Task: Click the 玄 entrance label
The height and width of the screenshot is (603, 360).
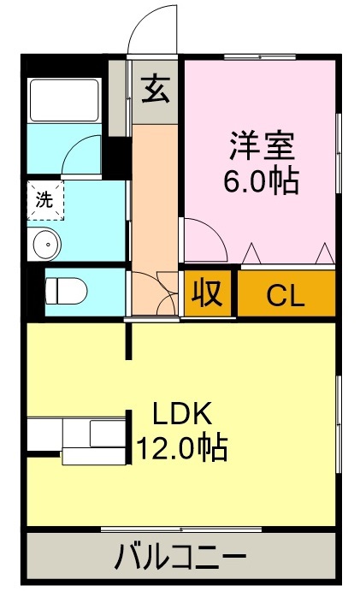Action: (x=155, y=89)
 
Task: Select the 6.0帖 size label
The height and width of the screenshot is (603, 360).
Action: (x=261, y=181)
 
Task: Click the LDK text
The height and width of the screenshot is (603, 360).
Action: (x=181, y=414)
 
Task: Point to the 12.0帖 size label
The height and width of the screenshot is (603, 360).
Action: (x=181, y=446)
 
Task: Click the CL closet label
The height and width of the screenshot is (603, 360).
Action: (x=285, y=295)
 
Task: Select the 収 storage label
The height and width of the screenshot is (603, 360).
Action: (x=208, y=293)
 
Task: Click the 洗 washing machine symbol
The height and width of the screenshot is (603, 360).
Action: (x=43, y=199)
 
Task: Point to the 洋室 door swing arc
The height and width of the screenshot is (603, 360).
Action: (x=205, y=239)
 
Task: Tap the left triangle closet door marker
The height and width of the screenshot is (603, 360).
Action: (x=252, y=253)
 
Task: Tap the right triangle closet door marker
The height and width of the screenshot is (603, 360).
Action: (x=324, y=253)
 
